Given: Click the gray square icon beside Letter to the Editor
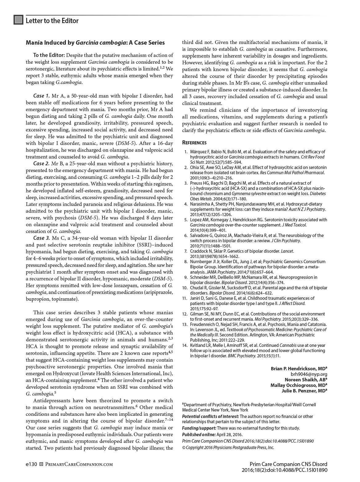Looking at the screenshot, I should (18, 20).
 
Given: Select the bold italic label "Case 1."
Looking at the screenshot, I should (41, 96).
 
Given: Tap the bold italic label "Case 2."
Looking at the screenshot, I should (41, 163).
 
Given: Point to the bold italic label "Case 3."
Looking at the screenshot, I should (41, 238).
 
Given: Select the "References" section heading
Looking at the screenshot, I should (194, 143).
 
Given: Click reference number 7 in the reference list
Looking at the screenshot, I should (186, 251).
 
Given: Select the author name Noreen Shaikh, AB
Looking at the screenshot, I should (306, 380).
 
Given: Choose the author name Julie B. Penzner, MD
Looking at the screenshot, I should (304, 391).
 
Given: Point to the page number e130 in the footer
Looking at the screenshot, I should (31, 464).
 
